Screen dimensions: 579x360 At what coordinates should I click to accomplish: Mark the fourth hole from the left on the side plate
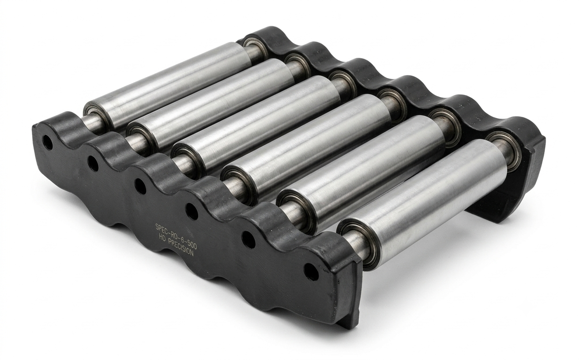coord(192,211)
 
